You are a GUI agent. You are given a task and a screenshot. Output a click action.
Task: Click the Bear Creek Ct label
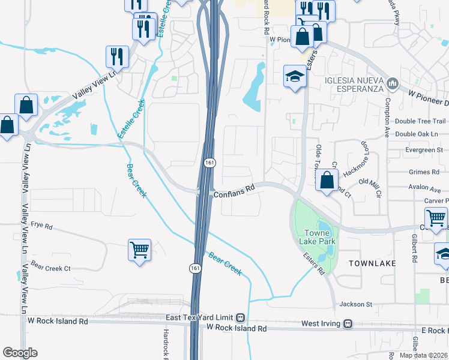pos(50,268)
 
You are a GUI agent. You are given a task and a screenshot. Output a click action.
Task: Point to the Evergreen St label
pos(423,149)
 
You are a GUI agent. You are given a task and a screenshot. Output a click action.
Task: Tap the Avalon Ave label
pos(424,186)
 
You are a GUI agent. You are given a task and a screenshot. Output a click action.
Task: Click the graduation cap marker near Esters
pos(295,76)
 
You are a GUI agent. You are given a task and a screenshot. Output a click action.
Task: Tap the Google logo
pos(20,353)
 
